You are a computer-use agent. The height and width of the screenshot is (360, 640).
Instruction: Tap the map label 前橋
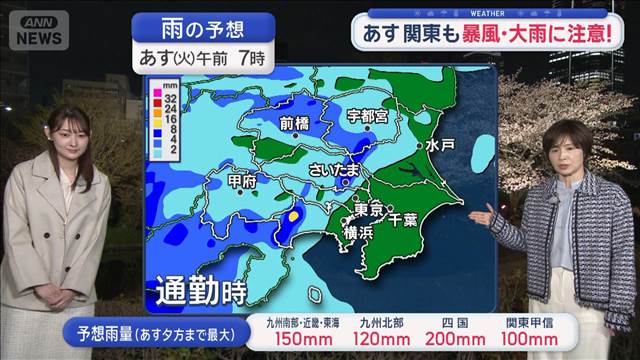[294, 123]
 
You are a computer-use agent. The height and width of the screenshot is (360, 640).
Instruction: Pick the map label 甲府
[241, 181]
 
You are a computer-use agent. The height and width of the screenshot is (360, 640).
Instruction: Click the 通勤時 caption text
[201, 293]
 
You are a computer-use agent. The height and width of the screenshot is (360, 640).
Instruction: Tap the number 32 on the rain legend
[171, 101]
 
